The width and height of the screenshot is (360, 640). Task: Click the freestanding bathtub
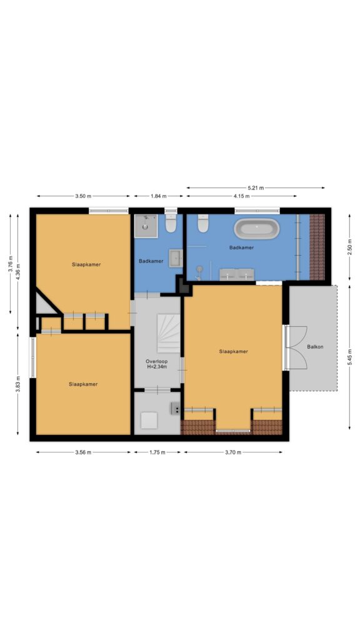(257, 229)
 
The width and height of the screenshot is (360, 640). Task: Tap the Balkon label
(315, 347)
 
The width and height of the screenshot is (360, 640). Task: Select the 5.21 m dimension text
(256, 187)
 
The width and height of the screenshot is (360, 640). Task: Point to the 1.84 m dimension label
(158, 196)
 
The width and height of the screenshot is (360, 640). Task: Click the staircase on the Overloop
(169, 333)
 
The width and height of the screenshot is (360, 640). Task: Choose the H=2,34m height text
(157, 367)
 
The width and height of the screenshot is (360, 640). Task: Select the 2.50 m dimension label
(349, 247)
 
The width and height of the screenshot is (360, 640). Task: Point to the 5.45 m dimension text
(349, 357)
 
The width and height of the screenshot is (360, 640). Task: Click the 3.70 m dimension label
(233, 452)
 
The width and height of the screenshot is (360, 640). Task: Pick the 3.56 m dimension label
(83, 452)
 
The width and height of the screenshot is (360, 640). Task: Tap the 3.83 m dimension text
(18, 384)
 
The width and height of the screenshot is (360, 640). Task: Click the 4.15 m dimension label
(242, 196)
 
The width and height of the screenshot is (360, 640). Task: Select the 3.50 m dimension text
(83, 196)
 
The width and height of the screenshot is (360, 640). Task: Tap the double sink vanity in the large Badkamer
(237, 274)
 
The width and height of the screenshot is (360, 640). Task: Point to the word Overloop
(157, 362)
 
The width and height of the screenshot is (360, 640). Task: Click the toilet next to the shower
(171, 223)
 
